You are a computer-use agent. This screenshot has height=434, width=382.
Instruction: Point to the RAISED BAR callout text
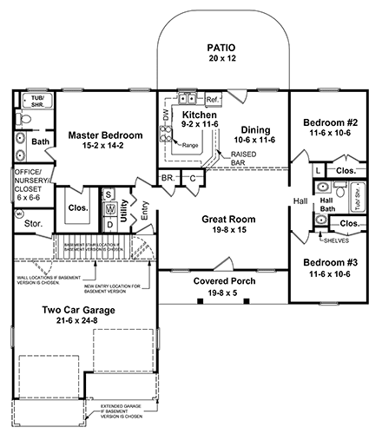(x=242, y=158)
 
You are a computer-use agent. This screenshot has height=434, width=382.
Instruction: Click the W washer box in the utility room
(x=109, y=209)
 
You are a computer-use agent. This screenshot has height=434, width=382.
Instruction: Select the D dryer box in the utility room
(x=109, y=224)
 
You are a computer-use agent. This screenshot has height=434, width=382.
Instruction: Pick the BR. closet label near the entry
(x=166, y=180)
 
